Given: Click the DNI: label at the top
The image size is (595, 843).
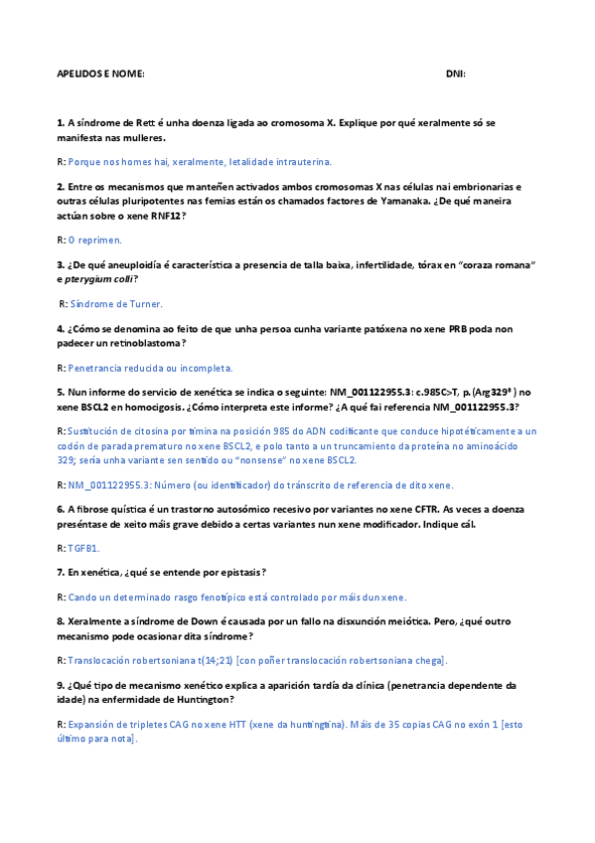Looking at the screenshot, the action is click(455, 75).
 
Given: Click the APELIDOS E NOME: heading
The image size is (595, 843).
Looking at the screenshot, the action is click(101, 75).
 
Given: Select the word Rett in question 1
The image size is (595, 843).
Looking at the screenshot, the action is click(149, 122).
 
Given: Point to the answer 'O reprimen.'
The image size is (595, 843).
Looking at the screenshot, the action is click(95, 240).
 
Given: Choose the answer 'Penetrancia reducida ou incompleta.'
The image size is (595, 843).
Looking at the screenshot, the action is click(151, 368).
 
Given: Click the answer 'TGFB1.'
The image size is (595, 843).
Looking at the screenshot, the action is click(84, 548).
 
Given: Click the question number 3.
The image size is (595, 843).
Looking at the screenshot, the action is click(60, 264).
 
